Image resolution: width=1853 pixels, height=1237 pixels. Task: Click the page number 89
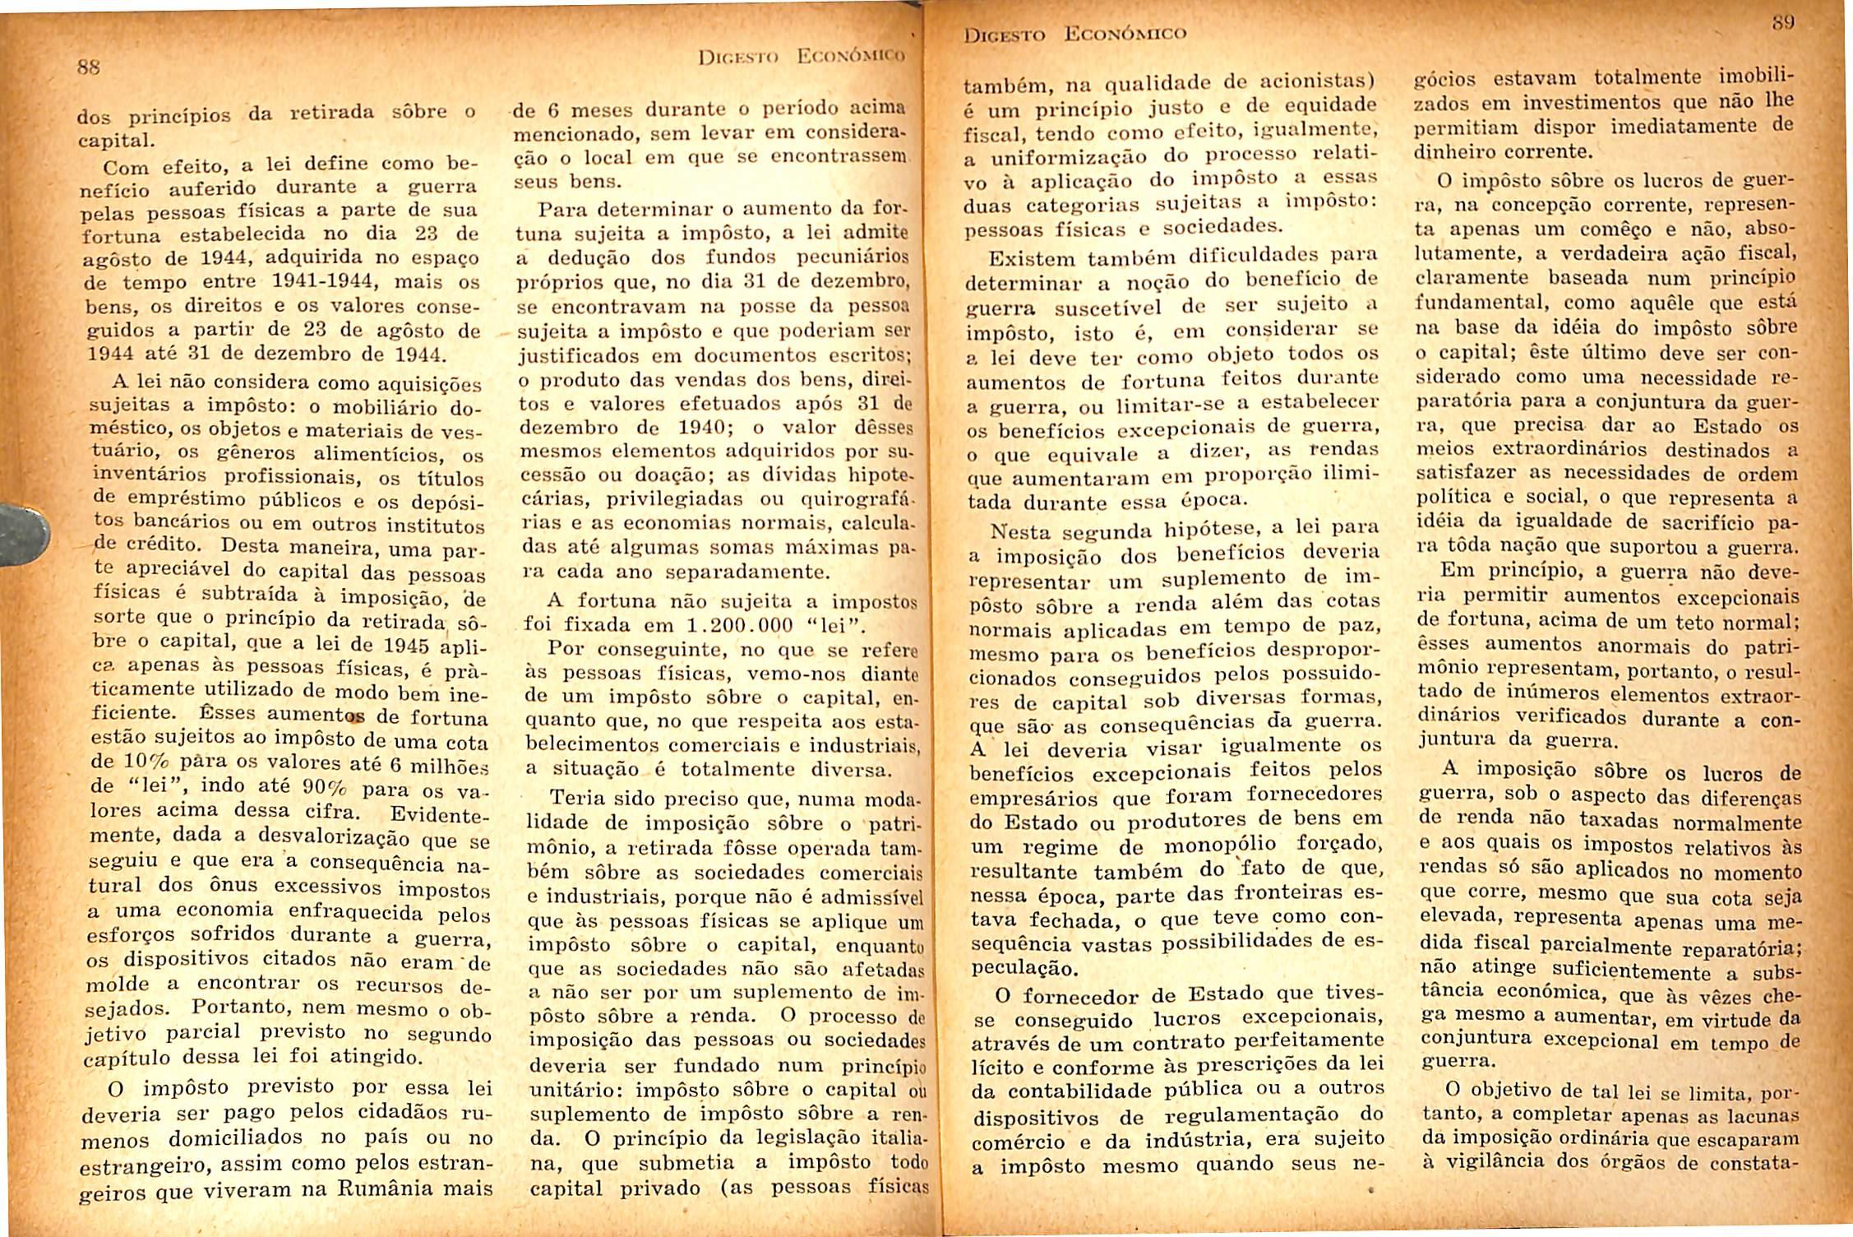tap(1781, 23)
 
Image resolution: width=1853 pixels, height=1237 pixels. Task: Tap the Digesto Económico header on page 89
tap(1075, 34)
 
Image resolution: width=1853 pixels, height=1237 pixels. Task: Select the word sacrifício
tap(1702, 521)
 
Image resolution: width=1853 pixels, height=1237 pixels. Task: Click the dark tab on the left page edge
tap(21, 535)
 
